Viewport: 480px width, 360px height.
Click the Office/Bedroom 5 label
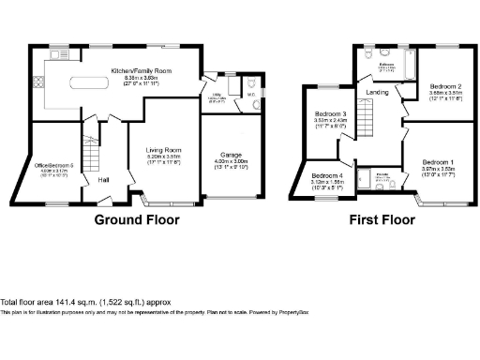(54, 166)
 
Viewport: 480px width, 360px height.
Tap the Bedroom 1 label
(436, 161)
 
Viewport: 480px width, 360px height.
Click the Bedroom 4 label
(327, 175)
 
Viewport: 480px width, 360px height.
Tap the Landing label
(378, 92)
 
